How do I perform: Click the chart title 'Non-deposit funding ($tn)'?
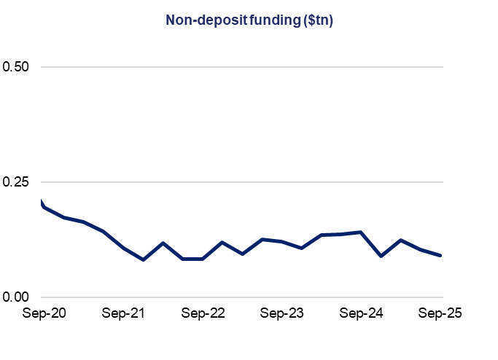pyautogui.click(x=249, y=21)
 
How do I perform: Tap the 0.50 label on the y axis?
pyautogui.click(x=16, y=67)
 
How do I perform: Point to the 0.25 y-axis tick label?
pyautogui.click(x=16, y=181)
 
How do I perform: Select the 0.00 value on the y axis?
pyautogui.click(x=16, y=297)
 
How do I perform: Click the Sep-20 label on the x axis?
pyautogui.click(x=44, y=313)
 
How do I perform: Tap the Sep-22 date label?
pyautogui.click(x=203, y=313)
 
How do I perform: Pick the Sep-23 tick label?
pyautogui.click(x=282, y=313)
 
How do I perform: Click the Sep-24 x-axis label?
pyautogui.click(x=362, y=313)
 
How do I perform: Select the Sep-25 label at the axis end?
pyautogui.click(x=440, y=313)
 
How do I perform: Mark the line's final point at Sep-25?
pyautogui.click(x=441, y=255)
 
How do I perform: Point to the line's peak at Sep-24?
pyautogui.click(x=361, y=232)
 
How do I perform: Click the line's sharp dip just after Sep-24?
pyautogui.click(x=381, y=256)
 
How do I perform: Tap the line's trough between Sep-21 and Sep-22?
pyautogui.click(x=144, y=259)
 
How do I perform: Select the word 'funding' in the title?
pyautogui.click(x=268, y=21)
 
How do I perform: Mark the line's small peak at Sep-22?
pyautogui.click(x=222, y=242)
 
